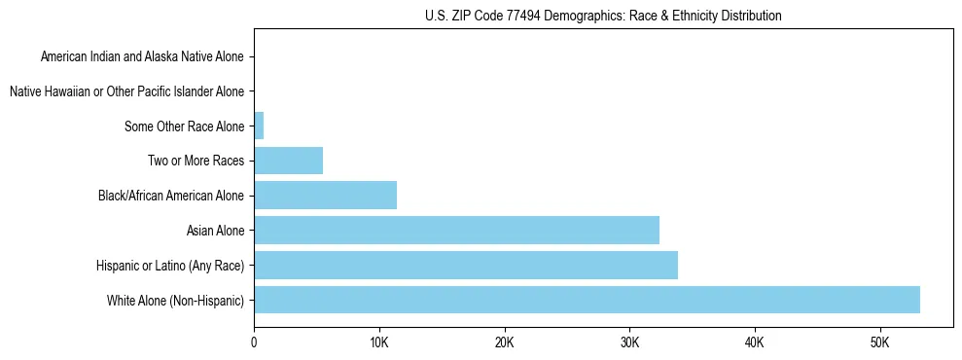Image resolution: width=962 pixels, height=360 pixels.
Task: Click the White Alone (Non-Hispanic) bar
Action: pyautogui.click(x=587, y=300)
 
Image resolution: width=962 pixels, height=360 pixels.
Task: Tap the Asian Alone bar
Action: pyautogui.click(x=456, y=231)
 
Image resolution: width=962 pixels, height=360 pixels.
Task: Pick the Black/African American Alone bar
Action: pyautogui.click(x=325, y=196)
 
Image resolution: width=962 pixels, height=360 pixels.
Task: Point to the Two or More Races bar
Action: pyautogui.click(x=288, y=161)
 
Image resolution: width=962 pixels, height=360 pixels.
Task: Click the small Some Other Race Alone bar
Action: pyautogui.click(x=259, y=126)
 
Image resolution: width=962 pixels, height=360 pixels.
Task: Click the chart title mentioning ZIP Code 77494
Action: pyautogui.click(x=603, y=16)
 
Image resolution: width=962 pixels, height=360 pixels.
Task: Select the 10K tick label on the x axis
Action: pyautogui.click(x=379, y=343)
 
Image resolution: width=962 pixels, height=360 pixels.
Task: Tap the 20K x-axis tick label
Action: pyautogui.click(x=504, y=343)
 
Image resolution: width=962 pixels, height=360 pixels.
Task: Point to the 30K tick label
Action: pyautogui.click(x=629, y=343)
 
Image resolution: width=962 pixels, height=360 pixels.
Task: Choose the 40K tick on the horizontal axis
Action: pyautogui.click(x=755, y=343)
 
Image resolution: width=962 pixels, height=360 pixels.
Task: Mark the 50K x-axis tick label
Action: pyautogui.click(x=879, y=343)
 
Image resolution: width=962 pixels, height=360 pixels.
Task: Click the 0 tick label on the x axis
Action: pyautogui.click(x=254, y=343)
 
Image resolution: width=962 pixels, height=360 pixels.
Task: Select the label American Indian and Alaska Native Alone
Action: pyautogui.click(x=142, y=56)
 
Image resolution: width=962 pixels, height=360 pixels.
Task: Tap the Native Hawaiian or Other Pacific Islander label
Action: pyautogui.click(x=126, y=91)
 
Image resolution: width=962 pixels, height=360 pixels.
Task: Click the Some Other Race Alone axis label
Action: pyautogui.click(x=185, y=126)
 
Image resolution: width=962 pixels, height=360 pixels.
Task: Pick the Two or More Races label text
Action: pyautogui.click(x=197, y=161)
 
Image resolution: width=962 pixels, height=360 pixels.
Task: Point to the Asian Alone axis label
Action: pyautogui.click(x=215, y=231)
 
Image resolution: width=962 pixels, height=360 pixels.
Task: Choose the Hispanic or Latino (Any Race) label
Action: pyautogui.click(x=170, y=266)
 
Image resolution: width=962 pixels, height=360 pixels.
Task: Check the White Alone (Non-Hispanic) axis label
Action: pyautogui.click(x=176, y=301)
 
